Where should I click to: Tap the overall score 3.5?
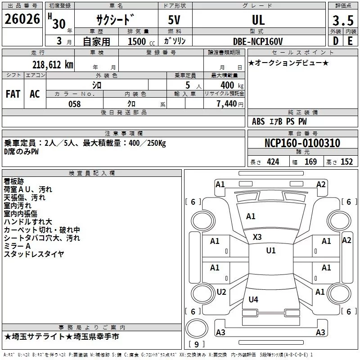342,20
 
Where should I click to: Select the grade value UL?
258,20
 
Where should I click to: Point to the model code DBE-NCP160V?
258,41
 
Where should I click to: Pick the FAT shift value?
13,94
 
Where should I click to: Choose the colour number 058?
74,104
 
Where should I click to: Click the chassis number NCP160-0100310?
302,144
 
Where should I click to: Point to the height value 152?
346,162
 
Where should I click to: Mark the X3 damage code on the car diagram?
257,237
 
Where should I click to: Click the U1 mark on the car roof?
271,251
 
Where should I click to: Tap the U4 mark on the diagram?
253,299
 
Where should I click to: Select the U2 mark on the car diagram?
221,292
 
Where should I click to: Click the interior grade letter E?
350,41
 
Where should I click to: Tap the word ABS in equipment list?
258,121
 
